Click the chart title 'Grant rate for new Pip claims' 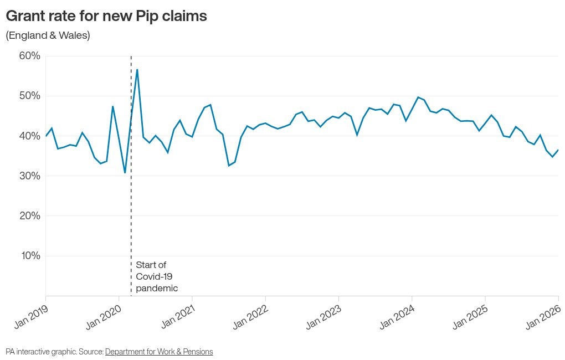coord(106,16)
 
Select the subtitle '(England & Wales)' coord(48,35)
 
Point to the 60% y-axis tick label coord(30,56)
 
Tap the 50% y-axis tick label coord(30,96)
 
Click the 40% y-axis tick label coord(30,136)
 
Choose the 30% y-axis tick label coord(30,176)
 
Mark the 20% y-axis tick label coord(30,215)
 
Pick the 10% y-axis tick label coord(30,255)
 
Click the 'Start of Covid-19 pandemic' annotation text coord(157,276)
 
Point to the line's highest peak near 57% coord(137,70)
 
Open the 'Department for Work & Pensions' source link coord(159,352)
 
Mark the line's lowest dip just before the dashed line coord(125,173)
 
